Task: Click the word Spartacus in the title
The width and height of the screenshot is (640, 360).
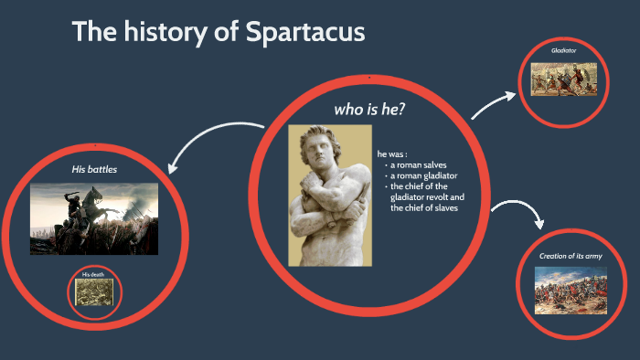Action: pyautogui.click(x=305, y=32)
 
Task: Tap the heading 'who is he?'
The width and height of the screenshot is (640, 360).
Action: pyautogui.click(x=369, y=110)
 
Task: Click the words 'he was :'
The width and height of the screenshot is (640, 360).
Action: pyautogui.click(x=392, y=153)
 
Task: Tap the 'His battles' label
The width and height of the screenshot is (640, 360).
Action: pyautogui.click(x=94, y=169)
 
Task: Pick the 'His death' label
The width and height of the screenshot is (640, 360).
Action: pyautogui.click(x=94, y=274)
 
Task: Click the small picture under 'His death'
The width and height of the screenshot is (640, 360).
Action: pyautogui.click(x=95, y=292)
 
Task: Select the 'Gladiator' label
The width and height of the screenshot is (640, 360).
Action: pyautogui.click(x=564, y=49)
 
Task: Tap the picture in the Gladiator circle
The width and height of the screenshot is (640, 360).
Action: pyautogui.click(x=564, y=79)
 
